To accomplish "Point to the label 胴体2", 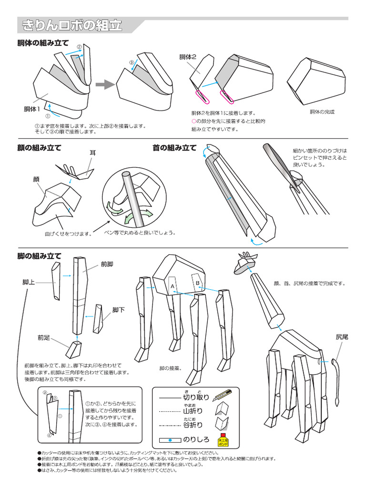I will pos(188,57).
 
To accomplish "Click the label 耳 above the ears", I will pos(93,152).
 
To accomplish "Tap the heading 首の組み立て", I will pos(174,148).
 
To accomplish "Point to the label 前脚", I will pos(106,264).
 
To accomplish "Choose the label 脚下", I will pos(118,310).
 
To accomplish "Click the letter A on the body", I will pos(173,285).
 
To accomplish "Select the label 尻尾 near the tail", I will pos(342,337).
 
